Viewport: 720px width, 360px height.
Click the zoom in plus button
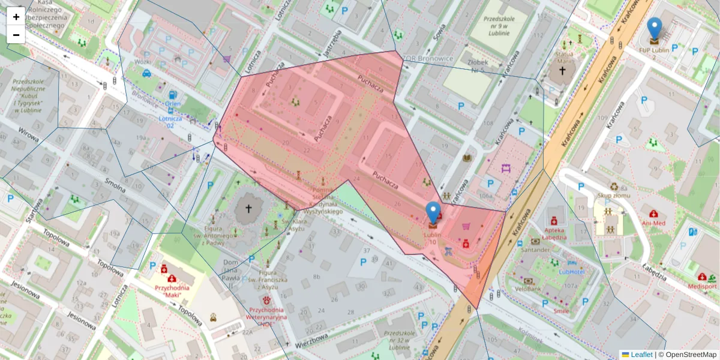tap(16, 17)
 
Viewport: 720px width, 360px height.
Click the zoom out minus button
tap(16, 35)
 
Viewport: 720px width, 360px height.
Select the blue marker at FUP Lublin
tap(655, 29)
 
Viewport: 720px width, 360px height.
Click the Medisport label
tap(702, 286)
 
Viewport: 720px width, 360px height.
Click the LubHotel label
tap(572, 271)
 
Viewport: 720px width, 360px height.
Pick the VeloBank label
tap(529, 289)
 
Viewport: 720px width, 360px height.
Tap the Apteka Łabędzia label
tap(554, 233)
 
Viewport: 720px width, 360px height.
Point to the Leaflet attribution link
tap(641, 355)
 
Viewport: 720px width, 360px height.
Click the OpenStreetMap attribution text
tap(691, 355)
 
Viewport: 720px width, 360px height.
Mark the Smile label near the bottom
tap(562, 311)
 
